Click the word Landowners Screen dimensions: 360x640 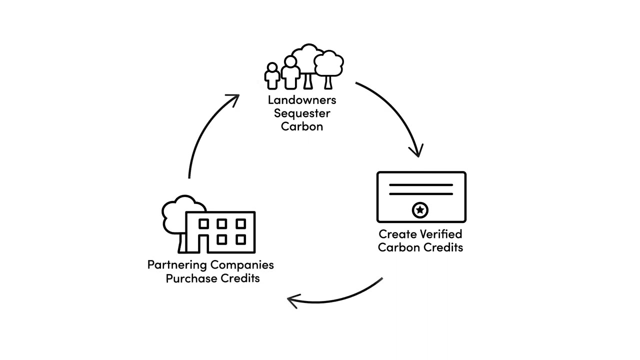[x=301, y=100]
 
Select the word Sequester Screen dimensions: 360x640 [x=301, y=113]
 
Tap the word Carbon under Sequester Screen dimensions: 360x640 [x=301, y=126]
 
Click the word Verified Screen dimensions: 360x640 [x=440, y=234]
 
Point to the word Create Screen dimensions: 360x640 [x=397, y=234]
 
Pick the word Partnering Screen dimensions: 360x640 [x=177, y=265]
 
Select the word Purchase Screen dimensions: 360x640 [x=189, y=278]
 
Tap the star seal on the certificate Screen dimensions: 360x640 [x=420, y=210]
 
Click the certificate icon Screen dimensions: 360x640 [x=421, y=197]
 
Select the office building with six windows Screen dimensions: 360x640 [x=220, y=232]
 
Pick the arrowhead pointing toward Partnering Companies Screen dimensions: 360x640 [x=293, y=300]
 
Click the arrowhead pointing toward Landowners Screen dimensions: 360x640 [x=233, y=98]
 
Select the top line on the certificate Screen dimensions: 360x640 [x=421, y=185]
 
